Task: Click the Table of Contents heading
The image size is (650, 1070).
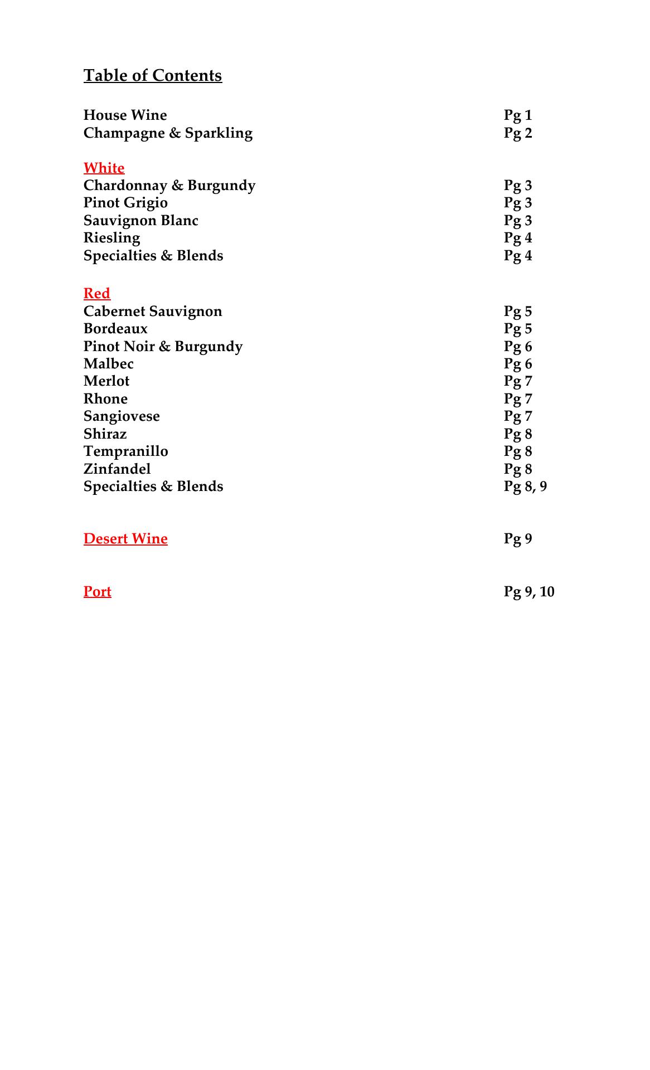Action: click(153, 75)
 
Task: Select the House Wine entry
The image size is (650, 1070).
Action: click(125, 115)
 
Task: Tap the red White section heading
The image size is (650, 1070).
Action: click(104, 168)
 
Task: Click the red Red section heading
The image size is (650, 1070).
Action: click(97, 293)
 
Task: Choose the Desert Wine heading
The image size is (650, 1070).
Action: click(125, 538)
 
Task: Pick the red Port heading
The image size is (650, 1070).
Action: click(98, 591)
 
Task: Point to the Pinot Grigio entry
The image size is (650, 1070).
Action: click(125, 203)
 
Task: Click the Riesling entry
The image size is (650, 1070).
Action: click(111, 238)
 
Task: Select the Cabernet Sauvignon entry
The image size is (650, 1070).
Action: click(153, 311)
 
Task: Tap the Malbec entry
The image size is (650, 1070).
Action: click(109, 364)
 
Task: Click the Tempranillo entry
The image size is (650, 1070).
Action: click(125, 451)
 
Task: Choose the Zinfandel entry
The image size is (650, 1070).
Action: click(117, 469)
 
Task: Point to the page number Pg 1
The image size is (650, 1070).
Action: click(518, 115)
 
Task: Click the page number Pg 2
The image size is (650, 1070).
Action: click(518, 133)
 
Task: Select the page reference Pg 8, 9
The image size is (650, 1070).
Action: click(525, 487)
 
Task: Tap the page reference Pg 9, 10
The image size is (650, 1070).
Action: click(529, 592)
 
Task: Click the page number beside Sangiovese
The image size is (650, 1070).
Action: click(518, 416)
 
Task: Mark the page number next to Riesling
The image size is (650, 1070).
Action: click(518, 238)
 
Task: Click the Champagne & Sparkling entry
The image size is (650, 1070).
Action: click(168, 133)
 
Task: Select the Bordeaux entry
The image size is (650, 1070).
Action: click(115, 329)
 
